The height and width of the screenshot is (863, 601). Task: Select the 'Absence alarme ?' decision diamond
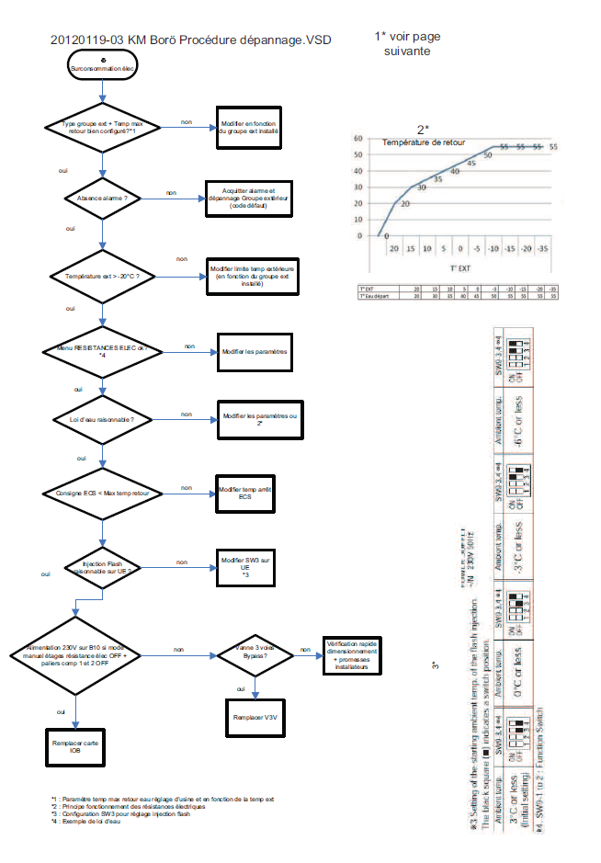pyautogui.click(x=103, y=198)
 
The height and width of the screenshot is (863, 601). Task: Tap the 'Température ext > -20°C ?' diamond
pyautogui.click(x=103, y=275)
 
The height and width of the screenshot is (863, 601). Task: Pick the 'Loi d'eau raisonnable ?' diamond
pyautogui.click(x=103, y=420)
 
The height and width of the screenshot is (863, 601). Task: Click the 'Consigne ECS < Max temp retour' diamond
pyautogui.click(x=103, y=494)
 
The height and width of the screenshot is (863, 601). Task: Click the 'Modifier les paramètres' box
pyautogui.click(x=255, y=353)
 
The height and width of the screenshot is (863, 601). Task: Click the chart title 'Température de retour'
pyautogui.click(x=424, y=142)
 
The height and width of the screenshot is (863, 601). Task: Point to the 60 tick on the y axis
pyautogui.click(x=358, y=138)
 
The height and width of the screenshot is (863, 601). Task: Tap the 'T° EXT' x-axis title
pyautogui.click(x=459, y=269)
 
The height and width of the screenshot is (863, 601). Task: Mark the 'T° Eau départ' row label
pyautogui.click(x=372, y=296)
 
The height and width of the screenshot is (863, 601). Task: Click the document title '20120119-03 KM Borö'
pyautogui.click(x=190, y=40)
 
